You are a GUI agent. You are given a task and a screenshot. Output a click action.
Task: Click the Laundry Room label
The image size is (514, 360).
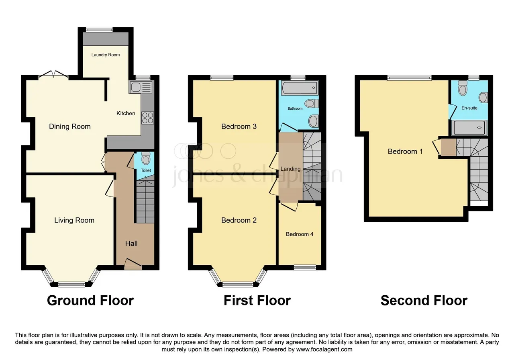tap(106, 55)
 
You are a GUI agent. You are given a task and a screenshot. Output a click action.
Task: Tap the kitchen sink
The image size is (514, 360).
tap(141, 87)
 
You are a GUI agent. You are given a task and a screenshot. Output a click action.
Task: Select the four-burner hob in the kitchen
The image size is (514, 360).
tap(147, 118)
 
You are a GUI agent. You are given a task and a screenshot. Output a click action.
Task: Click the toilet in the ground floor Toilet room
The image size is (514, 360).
tap(146, 158)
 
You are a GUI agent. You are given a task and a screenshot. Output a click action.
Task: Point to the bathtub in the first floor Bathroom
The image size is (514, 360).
tap(300, 88)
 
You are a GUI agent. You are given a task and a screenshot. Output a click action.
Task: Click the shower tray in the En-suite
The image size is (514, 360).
tap(469, 128)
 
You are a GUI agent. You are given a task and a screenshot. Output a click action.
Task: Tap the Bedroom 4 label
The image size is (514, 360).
tap(300, 234)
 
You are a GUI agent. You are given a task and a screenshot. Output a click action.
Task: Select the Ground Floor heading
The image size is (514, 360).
tap(90, 300)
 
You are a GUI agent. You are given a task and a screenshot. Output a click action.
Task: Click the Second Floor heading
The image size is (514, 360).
tap(424, 300)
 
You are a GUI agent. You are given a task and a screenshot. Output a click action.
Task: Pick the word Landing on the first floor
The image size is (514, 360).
tap(290, 169)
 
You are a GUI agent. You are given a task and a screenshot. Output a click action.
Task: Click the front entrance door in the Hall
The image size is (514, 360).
tap(133, 264)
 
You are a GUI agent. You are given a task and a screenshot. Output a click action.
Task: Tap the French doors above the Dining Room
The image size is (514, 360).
tap(53, 74)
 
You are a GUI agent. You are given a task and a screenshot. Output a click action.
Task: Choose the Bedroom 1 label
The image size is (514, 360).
tap(405, 151)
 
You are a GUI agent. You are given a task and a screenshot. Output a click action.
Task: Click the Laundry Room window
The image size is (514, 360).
tap(99, 29)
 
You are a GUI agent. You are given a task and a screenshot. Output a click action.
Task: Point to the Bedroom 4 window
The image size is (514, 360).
tap(305, 267)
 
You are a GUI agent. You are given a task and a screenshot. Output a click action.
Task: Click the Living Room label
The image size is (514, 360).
tap(74, 221)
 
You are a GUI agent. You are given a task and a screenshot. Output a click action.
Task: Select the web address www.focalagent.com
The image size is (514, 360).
tap(324, 350)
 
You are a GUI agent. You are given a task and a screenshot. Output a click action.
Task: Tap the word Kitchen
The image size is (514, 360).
tap(126, 113)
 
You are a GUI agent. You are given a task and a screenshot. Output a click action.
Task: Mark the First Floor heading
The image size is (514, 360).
tap(257, 300)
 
